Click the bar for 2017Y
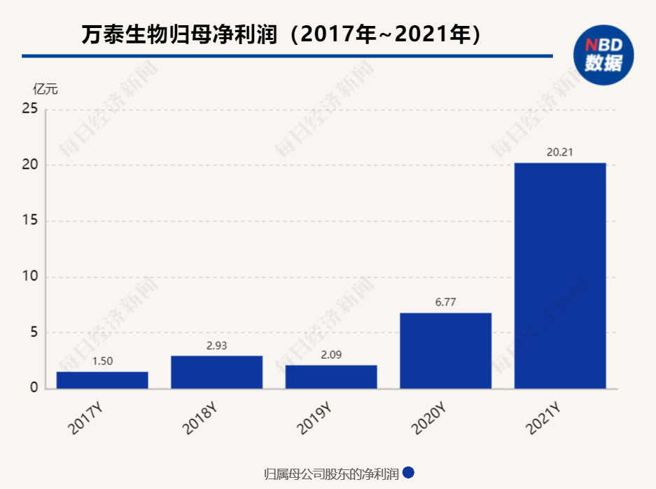[102, 380]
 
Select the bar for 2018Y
[216, 372]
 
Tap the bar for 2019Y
[331, 377]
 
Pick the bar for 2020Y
[445, 350]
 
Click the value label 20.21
[560, 152]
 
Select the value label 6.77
[445, 302]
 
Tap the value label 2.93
[216, 345]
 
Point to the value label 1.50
[102, 361]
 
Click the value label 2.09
[331, 354]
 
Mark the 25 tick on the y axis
[29, 109]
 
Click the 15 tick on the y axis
[29, 221]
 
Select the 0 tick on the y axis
[33, 389]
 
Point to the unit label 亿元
[46, 89]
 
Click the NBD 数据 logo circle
[603, 55]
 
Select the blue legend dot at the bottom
[408, 473]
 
